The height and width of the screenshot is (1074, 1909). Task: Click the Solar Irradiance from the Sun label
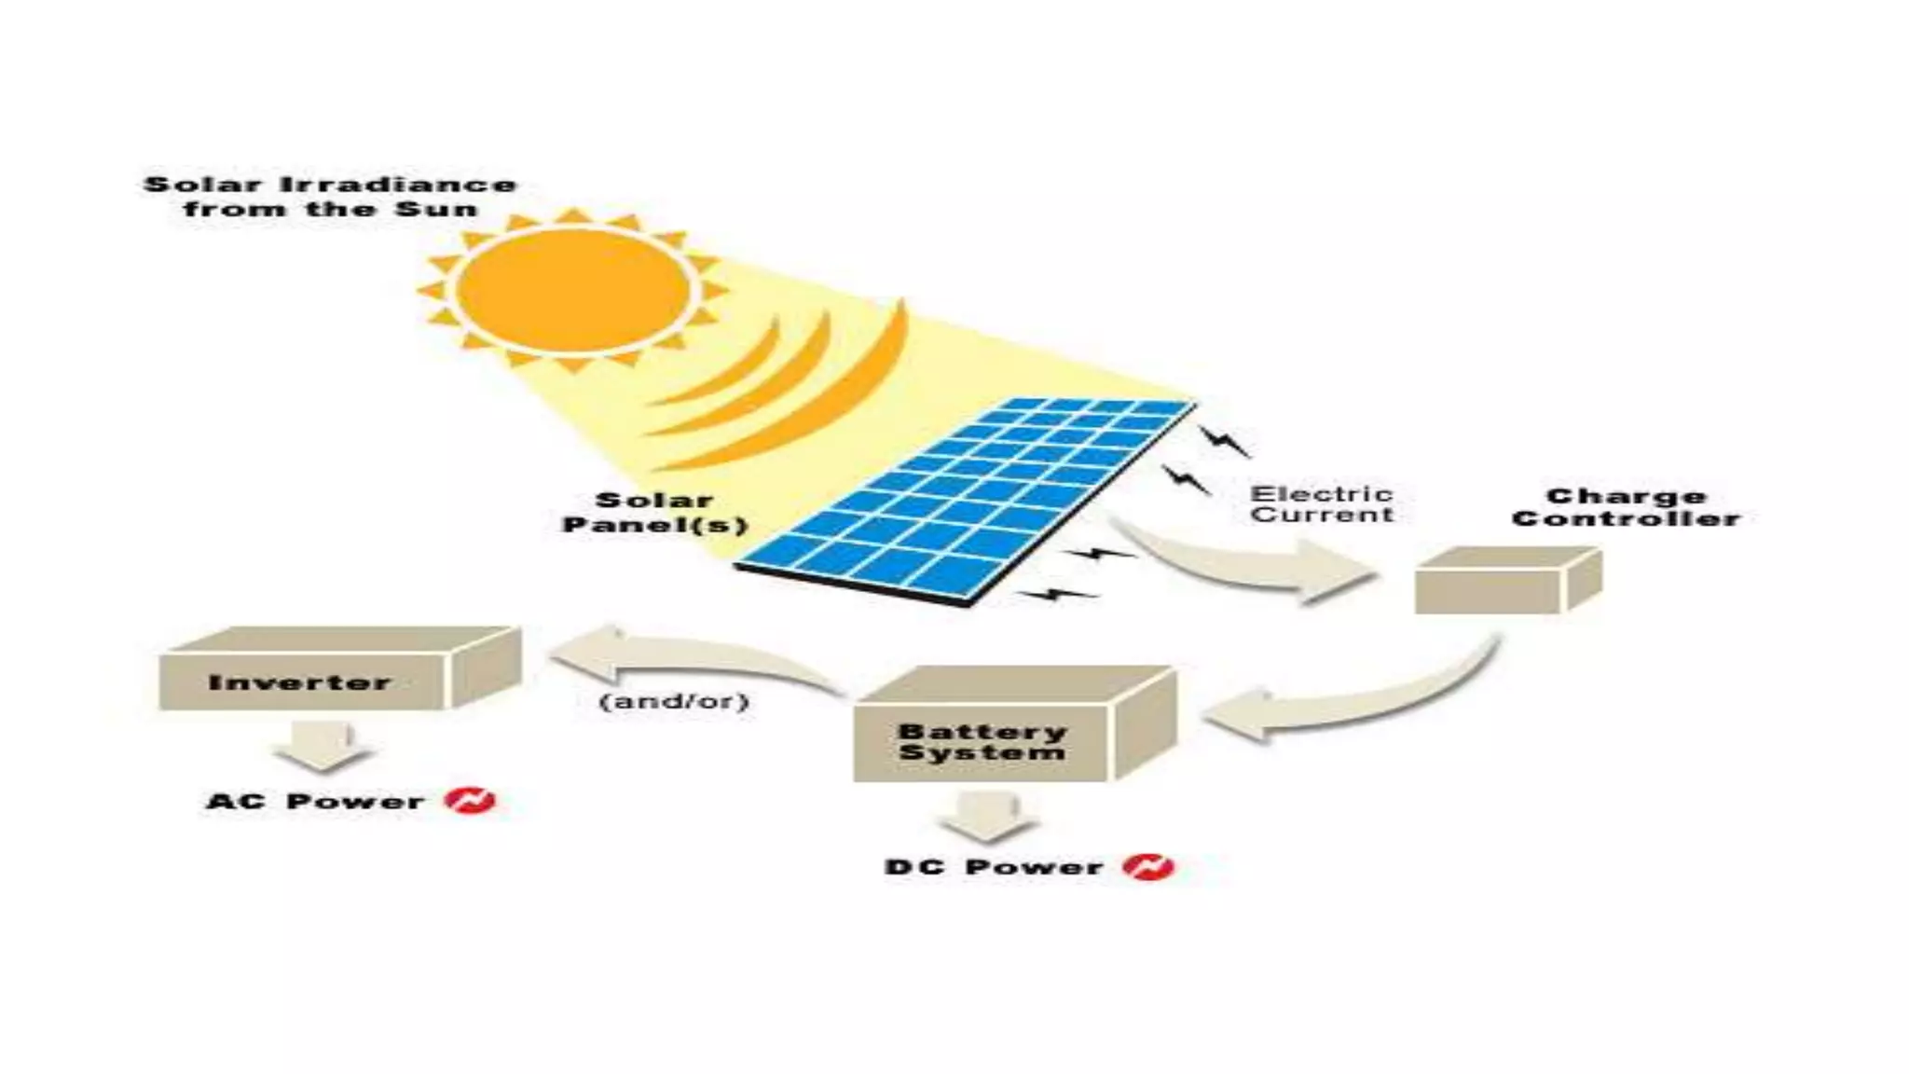[x=330, y=197]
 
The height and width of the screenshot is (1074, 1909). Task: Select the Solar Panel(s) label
[x=654, y=513]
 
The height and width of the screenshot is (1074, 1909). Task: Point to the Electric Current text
[x=1322, y=504]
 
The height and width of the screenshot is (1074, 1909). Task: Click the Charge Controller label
[x=1626, y=508]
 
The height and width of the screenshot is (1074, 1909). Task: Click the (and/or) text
[x=674, y=700]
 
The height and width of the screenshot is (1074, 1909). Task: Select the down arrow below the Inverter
[x=323, y=747]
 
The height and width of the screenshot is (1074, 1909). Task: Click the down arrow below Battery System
[x=987, y=817]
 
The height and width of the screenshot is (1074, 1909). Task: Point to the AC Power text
[x=315, y=801]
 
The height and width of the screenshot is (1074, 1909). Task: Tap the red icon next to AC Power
[x=470, y=800]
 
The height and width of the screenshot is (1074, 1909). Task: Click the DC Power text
[x=994, y=867]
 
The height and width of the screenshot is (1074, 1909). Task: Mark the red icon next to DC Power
[x=1148, y=867]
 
